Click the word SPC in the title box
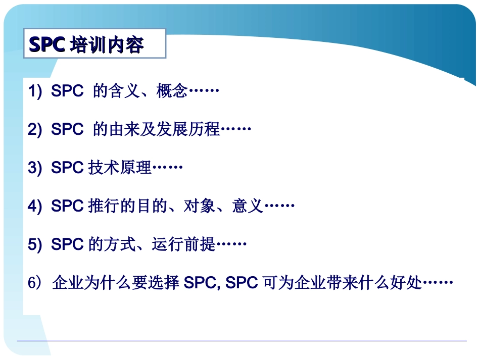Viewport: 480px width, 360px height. (46, 45)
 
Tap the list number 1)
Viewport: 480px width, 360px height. (35, 92)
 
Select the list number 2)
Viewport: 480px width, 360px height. (35, 130)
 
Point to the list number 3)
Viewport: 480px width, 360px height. (35, 168)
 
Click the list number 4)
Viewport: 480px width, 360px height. (35, 207)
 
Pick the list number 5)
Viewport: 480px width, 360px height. (35, 244)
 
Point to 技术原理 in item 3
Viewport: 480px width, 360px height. (120, 168)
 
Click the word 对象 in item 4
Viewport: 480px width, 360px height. (199, 207)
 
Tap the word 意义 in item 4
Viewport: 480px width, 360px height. (248, 207)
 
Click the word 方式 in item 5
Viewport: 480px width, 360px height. (120, 244)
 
